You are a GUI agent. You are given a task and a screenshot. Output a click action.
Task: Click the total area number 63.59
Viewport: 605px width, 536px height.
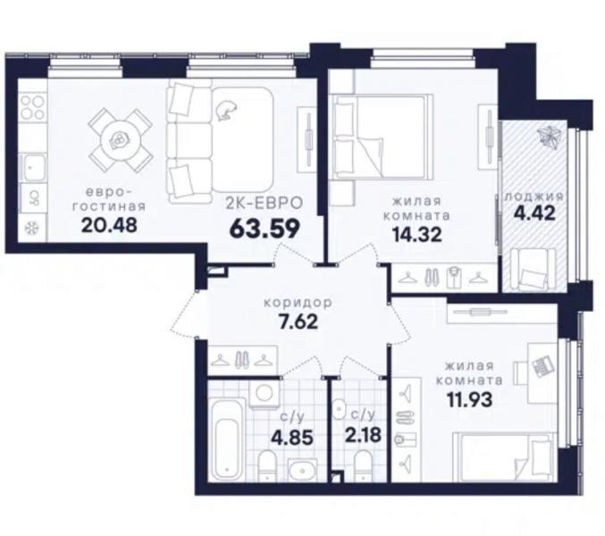[x=265, y=229]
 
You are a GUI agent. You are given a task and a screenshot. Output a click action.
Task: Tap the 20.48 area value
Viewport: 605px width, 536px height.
[x=109, y=225]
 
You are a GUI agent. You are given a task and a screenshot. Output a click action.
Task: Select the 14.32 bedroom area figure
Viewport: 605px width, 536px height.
[x=416, y=234]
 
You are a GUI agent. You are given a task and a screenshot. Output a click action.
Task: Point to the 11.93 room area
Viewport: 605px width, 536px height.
[x=469, y=399]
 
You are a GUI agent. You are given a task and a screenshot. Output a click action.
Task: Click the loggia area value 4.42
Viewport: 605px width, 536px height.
[x=534, y=213]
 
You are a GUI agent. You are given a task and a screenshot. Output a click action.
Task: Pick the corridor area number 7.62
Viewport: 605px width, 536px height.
[x=298, y=322]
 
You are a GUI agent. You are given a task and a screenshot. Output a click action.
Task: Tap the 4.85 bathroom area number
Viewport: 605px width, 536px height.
[x=291, y=438]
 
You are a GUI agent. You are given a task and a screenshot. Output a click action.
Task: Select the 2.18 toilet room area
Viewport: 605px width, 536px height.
[x=363, y=435]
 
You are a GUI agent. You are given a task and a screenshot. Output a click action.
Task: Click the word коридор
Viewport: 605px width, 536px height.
[x=298, y=303]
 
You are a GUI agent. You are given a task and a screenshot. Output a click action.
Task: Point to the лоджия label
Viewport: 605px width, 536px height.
[x=534, y=197]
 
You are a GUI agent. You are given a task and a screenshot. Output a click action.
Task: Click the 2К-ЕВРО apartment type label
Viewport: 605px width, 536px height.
[x=264, y=203]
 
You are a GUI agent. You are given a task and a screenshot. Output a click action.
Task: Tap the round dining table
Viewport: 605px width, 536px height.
[x=120, y=139]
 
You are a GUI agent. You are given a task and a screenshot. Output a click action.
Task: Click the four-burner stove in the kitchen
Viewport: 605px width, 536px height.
[x=32, y=107]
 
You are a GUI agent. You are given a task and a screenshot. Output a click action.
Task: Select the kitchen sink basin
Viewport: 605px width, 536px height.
[x=33, y=168]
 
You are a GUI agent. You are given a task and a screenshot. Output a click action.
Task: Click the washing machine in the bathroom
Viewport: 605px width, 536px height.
[x=264, y=394]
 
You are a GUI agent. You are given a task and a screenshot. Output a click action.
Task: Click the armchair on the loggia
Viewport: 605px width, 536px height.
[x=534, y=269]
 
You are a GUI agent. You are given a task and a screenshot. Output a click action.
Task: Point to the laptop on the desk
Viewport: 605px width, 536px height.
[x=542, y=364]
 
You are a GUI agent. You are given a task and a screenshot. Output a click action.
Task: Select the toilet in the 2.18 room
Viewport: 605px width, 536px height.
[x=363, y=465]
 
